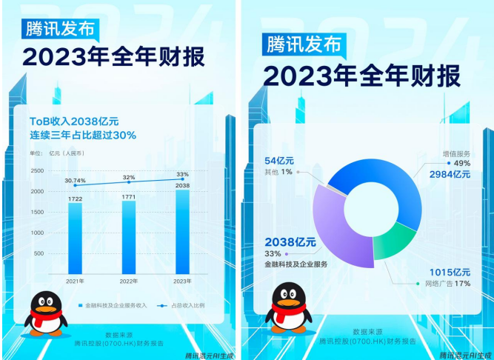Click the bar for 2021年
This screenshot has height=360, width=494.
(76, 237)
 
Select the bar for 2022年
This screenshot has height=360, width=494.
(129, 236)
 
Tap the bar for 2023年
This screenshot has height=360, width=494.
(182, 232)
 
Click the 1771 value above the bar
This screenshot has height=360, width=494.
(129, 196)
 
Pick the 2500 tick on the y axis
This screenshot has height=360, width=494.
(37, 171)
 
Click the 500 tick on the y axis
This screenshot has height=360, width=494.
(39, 253)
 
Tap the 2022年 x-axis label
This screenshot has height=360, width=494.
(129, 281)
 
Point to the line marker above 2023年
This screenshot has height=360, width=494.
(182, 179)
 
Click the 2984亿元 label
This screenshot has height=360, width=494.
(450, 174)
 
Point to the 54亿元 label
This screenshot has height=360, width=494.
(281, 160)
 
